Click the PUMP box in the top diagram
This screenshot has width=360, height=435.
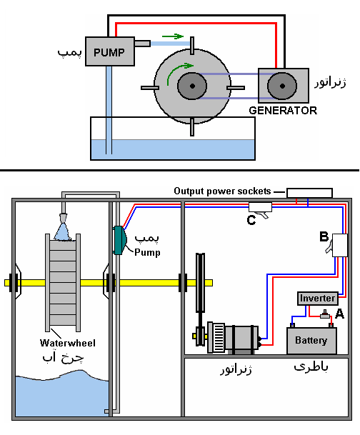click(110, 51)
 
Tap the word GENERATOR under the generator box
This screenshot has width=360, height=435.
click(283, 111)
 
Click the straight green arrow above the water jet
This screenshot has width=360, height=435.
click(173, 36)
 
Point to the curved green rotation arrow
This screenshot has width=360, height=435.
click(178, 71)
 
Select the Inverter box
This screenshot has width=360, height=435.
click(318, 299)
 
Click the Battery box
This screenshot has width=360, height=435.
click(311, 341)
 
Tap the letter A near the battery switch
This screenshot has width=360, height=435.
click(339, 314)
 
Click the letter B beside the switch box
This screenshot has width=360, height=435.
click(324, 236)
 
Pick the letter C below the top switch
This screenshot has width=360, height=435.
click(251, 220)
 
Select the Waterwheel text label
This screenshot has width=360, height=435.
click(67, 343)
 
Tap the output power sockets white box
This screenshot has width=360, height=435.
click(309, 193)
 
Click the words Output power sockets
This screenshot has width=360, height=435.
click(222, 191)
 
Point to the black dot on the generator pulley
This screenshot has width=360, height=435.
click(282, 86)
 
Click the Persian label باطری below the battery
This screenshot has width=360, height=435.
click(311, 367)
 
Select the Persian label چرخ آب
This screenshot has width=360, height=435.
click(63, 357)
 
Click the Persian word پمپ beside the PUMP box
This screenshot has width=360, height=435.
click(69, 52)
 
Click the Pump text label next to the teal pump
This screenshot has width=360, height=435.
click(147, 252)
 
